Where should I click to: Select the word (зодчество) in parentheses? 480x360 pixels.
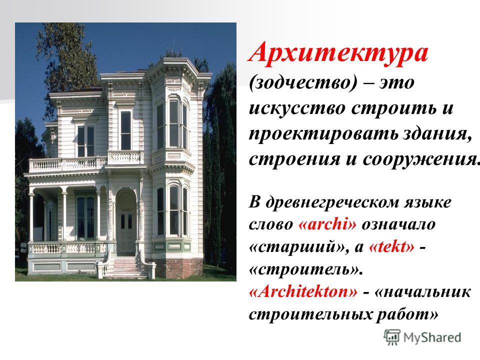[303, 82]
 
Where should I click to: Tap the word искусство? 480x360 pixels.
[297, 108]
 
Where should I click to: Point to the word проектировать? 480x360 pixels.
[323, 134]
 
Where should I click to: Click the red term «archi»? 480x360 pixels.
[327, 224]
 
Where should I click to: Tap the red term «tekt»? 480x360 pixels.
[392, 246]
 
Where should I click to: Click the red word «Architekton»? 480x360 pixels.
[303, 291]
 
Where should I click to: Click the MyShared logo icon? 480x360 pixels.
[392, 337]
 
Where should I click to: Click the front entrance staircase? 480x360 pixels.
[125, 267]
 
